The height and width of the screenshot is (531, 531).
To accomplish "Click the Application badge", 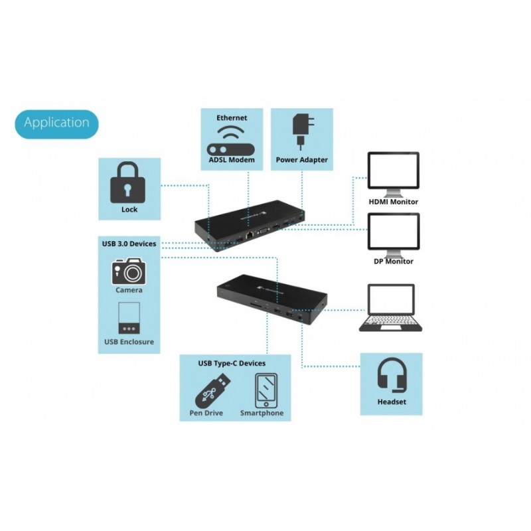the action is (56, 124).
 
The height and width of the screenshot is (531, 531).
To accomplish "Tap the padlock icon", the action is (127, 183).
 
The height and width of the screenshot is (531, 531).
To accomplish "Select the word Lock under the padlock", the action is (129, 210).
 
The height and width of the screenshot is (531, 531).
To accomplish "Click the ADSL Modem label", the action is (232, 160).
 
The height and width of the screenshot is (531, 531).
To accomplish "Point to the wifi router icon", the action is (230, 141).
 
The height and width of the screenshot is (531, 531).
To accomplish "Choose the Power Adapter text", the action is (302, 160).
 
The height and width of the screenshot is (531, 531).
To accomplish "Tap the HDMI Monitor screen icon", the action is (393, 174).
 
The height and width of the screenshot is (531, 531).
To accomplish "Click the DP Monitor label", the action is (394, 262).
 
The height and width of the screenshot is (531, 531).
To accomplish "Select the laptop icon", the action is (391, 307).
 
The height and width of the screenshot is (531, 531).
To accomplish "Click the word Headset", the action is (392, 402).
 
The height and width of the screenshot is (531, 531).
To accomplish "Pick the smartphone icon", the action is (266, 391).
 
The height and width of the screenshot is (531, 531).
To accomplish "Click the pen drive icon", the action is (212, 391).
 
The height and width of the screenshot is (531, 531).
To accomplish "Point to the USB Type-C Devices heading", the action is (232, 363).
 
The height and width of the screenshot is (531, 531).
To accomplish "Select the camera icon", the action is (129, 271).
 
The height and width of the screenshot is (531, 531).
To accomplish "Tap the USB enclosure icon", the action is (129, 319).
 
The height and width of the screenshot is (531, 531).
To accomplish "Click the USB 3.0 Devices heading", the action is (129, 244).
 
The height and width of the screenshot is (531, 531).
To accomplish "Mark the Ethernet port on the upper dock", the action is (250, 235).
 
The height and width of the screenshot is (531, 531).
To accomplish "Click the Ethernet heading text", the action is (232, 118).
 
